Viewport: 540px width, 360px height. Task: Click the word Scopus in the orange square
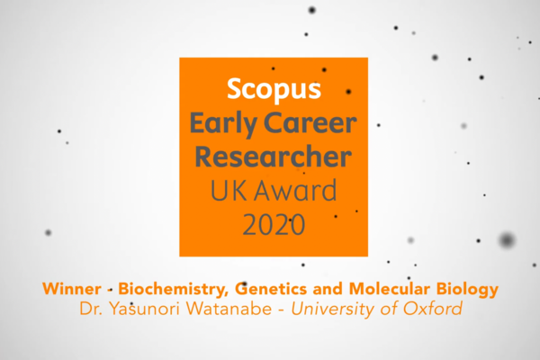[274, 90]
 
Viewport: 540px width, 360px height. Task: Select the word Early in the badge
[223, 124]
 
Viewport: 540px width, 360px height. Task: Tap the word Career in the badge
[310, 123]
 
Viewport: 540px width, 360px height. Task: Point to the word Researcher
[274, 157]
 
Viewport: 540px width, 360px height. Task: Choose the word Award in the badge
[295, 191]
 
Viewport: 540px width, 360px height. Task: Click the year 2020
[274, 224]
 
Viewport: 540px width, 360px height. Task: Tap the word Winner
[72, 289]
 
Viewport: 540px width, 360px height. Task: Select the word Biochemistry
[173, 290]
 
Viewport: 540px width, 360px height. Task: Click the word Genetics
[271, 289]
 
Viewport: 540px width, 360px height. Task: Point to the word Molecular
[390, 289]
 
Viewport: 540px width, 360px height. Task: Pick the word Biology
[467, 290]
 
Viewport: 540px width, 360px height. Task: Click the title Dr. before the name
[91, 309]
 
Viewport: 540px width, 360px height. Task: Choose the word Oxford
[433, 309]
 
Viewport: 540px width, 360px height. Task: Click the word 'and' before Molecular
[328, 289]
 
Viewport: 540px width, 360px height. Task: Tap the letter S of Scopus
[234, 89]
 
